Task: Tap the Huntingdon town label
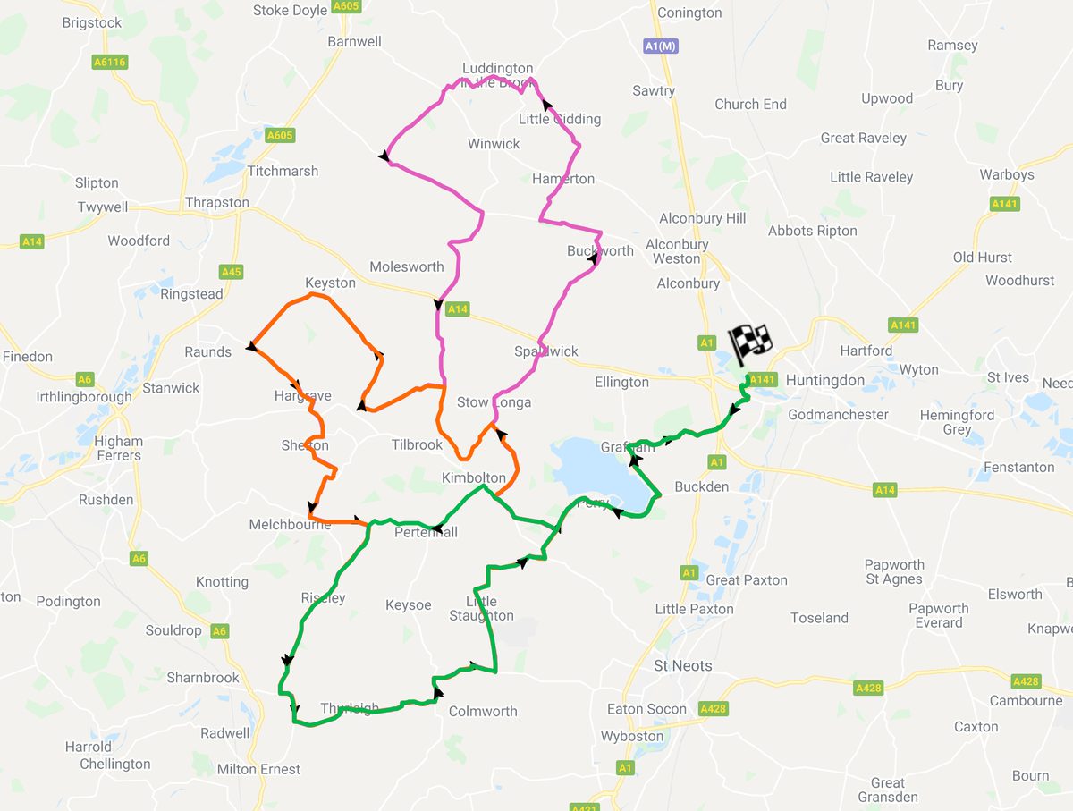click(x=825, y=381)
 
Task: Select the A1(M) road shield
click(x=661, y=46)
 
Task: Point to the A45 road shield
click(x=231, y=272)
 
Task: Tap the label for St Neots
click(x=683, y=666)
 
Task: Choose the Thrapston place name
click(x=217, y=203)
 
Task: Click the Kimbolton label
click(x=474, y=478)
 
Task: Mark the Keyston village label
click(x=330, y=283)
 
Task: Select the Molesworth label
click(x=407, y=266)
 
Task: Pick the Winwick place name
click(x=494, y=144)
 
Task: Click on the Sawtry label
click(x=654, y=91)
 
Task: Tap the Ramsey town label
click(x=952, y=46)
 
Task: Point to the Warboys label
click(x=1007, y=174)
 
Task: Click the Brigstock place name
click(x=92, y=23)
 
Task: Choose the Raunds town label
click(x=208, y=352)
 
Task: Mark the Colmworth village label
click(x=483, y=712)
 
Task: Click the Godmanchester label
click(x=838, y=415)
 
